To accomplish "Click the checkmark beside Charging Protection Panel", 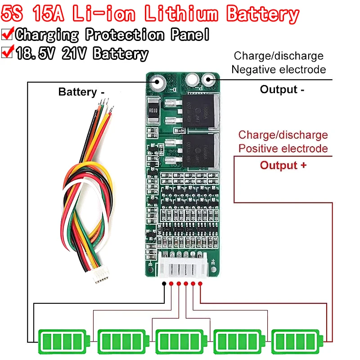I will (7, 34).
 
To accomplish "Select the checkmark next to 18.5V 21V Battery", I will (7, 53).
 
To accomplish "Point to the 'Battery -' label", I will (81, 92).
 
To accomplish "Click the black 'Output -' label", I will (282, 90).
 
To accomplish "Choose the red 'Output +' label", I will (283, 165).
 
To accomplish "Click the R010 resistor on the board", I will (153, 110).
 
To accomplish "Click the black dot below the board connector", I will (165, 284).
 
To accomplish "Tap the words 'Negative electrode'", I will (279, 70).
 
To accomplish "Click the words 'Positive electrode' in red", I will (283, 148).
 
